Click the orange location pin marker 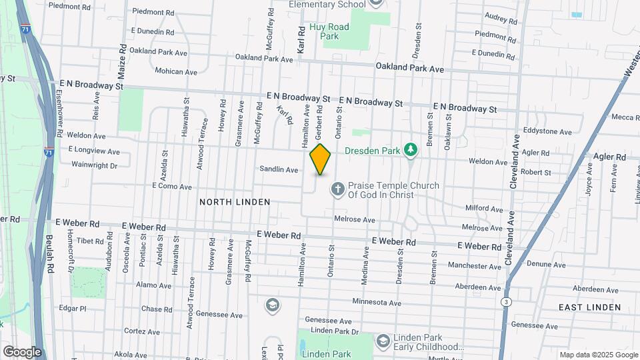point(320,159)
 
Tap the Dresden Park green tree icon point(411,150)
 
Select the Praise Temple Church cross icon point(337,190)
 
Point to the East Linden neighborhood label point(589,307)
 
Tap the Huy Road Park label point(329,31)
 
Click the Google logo point(21,351)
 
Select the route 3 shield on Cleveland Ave point(506,303)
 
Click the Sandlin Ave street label point(279,170)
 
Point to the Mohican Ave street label point(176,71)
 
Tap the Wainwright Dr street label point(94,165)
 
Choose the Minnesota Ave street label point(377,303)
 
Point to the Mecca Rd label point(625,117)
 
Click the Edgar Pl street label point(73,309)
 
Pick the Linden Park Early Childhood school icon point(383,341)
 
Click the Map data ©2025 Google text point(598,355)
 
